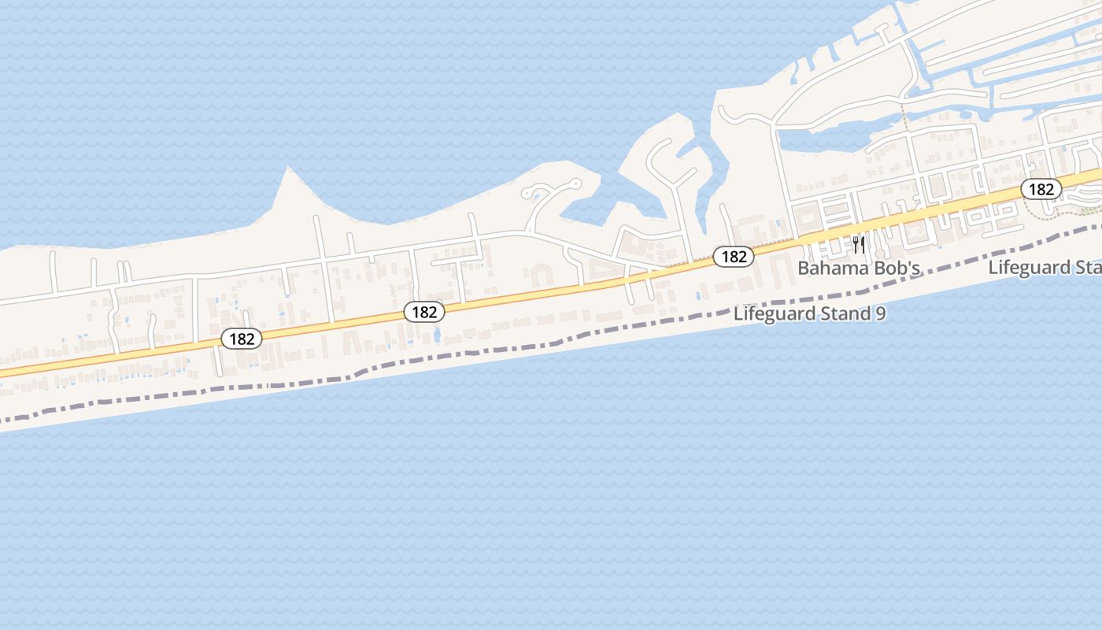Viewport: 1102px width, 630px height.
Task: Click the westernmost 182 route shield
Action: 242,339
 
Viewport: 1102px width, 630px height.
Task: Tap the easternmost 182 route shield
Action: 1041,189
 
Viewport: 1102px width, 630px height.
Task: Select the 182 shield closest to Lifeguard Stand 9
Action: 734,256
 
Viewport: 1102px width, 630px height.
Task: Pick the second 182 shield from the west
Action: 424,312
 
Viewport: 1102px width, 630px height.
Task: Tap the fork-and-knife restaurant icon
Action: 859,245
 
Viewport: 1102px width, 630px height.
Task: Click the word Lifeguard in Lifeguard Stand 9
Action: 771,313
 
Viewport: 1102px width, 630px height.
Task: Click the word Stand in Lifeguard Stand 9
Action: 841,313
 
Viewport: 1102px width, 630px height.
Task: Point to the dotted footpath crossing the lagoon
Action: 904,122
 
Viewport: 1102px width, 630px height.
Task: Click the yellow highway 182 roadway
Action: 551,291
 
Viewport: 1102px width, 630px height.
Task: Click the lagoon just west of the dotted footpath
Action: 834,138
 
